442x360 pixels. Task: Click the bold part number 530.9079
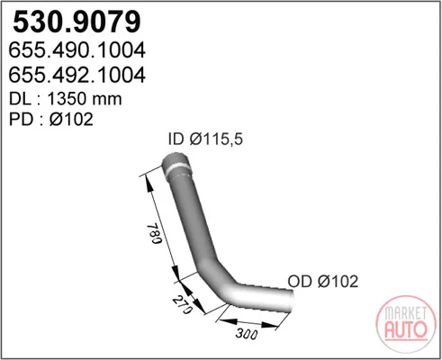(x=77, y=22)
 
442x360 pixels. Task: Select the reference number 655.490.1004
(x=77, y=50)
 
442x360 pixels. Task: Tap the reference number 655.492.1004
(x=77, y=75)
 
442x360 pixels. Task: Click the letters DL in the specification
(x=20, y=99)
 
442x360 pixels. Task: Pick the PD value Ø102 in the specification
(x=71, y=119)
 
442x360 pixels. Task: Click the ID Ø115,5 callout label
(x=205, y=139)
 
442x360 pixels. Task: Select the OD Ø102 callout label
(x=323, y=282)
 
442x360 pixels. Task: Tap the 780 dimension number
(x=154, y=233)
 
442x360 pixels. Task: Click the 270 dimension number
(x=182, y=304)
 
